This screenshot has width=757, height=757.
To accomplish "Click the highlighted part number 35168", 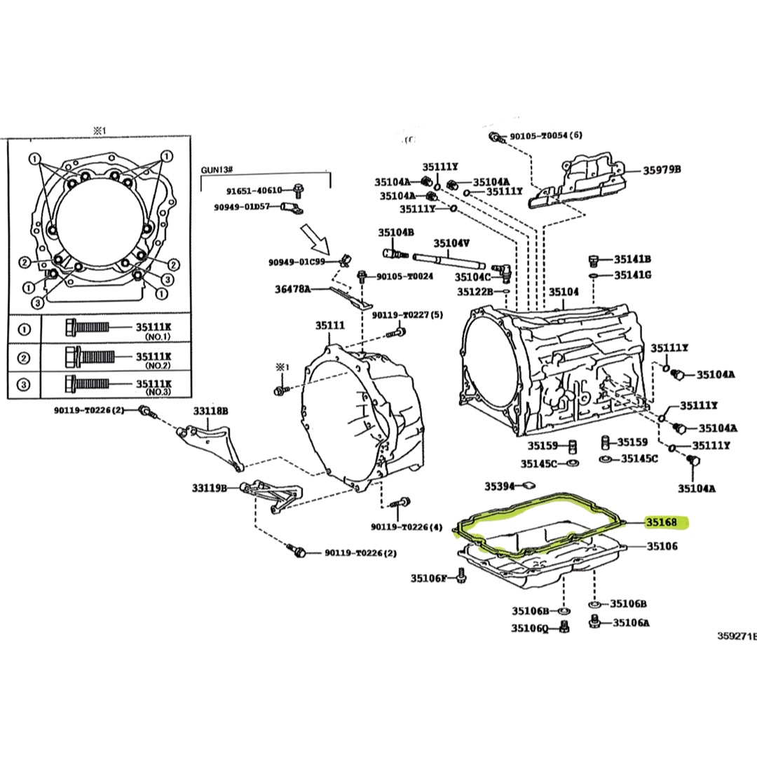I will [662, 522].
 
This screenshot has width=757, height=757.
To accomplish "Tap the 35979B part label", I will [663, 170].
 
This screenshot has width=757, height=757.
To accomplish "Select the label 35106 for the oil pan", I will [662, 545].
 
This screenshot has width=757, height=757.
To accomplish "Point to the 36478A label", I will [292, 288].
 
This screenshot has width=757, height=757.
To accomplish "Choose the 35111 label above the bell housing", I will [329, 325].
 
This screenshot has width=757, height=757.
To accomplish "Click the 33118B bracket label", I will [211, 411].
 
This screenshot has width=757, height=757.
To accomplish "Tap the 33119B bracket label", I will [210, 487].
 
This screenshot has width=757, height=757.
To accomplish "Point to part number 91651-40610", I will [254, 190].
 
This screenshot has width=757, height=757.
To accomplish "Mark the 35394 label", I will [499, 485].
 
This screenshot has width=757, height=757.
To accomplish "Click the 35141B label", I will [633, 259].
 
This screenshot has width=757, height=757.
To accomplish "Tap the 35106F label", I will [429, 578].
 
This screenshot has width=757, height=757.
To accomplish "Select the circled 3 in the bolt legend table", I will [24, 384].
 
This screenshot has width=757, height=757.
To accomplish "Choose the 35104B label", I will [396, 232].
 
